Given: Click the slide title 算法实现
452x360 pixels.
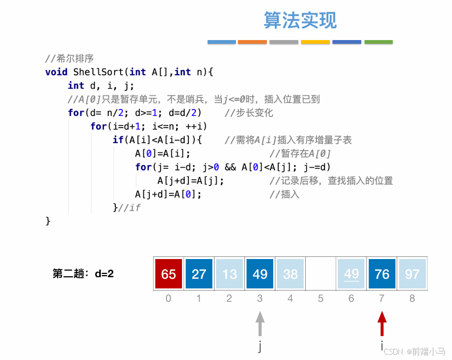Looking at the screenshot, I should tap(300, 20).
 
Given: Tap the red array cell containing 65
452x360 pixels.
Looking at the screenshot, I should tap(169, 274).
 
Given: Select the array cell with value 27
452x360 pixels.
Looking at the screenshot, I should tap(199, 274).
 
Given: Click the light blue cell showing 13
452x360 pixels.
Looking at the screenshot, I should tap(229, 274).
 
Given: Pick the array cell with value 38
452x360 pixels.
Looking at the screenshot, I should tap(290, 274).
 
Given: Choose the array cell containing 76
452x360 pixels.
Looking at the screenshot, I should tap(382, 274).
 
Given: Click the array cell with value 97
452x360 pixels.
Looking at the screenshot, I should tap(412, 274).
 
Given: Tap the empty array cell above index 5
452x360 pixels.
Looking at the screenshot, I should tap(321, 274).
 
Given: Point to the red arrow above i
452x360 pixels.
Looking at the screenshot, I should tap(382, 324).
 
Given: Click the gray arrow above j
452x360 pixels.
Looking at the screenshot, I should tap(260, 324).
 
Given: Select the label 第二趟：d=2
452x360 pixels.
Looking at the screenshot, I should tap(83, 274).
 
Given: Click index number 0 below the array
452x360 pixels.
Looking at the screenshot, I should tap(169, 299).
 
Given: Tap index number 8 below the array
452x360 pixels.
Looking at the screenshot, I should tap(412, 299).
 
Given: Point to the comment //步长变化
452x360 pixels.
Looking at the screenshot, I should tap(249, 113).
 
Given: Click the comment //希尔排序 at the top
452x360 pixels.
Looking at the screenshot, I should tap(69, 59).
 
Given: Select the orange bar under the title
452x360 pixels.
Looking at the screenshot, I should tap(252, 42).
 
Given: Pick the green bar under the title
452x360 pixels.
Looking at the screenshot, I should tap(378, 42).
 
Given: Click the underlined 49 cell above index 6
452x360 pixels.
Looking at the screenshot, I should tap(351, 274).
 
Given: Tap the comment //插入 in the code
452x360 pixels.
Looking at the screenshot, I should tap(284, 194).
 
